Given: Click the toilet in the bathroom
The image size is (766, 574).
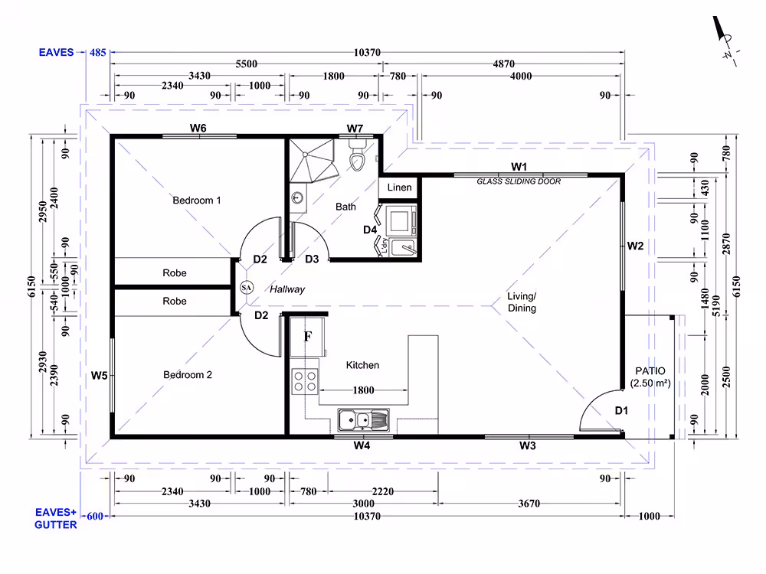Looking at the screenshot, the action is pos(358,156).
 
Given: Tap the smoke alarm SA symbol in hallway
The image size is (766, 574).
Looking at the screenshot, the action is pos(247,288).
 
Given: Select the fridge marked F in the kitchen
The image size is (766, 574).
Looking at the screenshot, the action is pos(308,337).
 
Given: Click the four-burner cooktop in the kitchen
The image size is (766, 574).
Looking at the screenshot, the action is pos(305,381).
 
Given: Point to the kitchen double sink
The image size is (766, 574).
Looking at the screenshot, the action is pos(363,420).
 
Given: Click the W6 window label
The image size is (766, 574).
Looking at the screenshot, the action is pos(198,128).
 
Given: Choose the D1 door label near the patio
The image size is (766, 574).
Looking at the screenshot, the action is pos(621,410).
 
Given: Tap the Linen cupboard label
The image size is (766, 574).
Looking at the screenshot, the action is pos(400,188).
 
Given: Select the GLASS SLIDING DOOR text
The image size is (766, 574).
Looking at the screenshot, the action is pos(519,181).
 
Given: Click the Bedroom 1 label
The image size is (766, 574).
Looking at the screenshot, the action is pos(197,200).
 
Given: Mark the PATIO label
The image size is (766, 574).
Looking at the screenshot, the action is pos(650,371).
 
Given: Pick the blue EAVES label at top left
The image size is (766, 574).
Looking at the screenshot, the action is pos(56,52).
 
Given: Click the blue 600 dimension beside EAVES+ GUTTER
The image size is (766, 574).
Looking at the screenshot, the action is pos(95,516).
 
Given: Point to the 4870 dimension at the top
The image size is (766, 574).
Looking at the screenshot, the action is pos(504,64).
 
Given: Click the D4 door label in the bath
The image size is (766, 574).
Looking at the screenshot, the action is pos(370,230).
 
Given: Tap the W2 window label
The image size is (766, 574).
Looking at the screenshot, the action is pos(636,246).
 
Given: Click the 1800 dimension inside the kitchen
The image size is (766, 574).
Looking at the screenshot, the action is pos(363,390).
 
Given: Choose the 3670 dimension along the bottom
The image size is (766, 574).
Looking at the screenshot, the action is pos(529,504).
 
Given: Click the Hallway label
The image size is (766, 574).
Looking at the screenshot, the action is pos(287,289).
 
